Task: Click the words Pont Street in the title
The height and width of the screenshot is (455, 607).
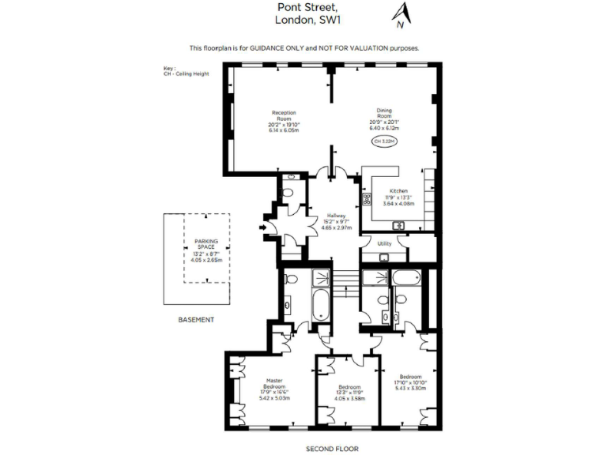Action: click(303, 8)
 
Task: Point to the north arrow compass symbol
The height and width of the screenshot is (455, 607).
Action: click(402, 13)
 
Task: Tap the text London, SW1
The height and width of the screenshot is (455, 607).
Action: click(303, 21)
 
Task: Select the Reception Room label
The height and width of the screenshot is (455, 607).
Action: click(285, 115)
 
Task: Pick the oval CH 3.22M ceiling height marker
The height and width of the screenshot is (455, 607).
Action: click(384, 141)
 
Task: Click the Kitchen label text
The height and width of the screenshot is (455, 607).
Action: click(397, 191)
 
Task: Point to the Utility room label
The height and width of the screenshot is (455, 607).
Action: click(385, 243)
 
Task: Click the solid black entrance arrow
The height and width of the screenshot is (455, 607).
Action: click(263, 229)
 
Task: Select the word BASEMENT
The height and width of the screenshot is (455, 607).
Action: click(195, 319)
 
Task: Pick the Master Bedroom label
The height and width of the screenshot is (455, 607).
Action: click(274, 382)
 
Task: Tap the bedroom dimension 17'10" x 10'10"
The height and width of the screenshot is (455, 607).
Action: click(409, 382)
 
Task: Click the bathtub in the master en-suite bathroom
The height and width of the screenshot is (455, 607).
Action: click(322, 306)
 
